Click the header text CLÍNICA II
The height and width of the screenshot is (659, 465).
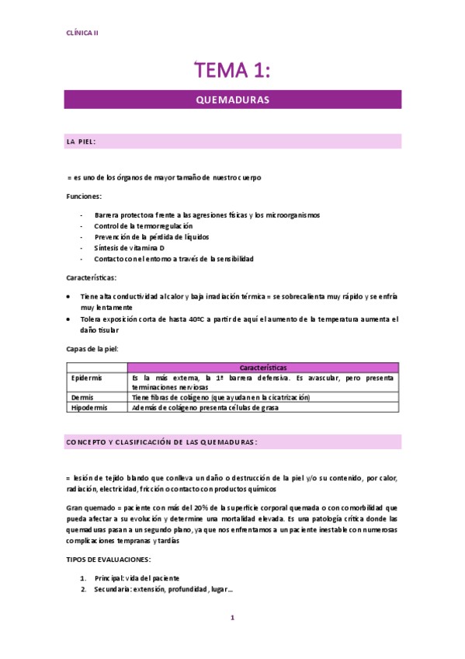82,33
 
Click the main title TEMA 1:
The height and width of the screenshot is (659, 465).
232,71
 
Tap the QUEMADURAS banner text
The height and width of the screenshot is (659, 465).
232,100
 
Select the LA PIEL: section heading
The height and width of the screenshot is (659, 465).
82,141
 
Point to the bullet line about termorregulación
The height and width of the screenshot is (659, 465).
144,225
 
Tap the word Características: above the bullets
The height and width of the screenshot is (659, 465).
92,277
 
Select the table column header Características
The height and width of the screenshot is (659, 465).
263,367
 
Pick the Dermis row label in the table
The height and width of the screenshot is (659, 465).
82,396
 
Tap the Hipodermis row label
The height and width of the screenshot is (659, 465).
88,406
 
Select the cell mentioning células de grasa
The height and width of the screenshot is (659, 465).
205,406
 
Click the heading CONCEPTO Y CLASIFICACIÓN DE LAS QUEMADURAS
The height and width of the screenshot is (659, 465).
162,441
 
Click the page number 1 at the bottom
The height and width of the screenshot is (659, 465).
231,618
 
